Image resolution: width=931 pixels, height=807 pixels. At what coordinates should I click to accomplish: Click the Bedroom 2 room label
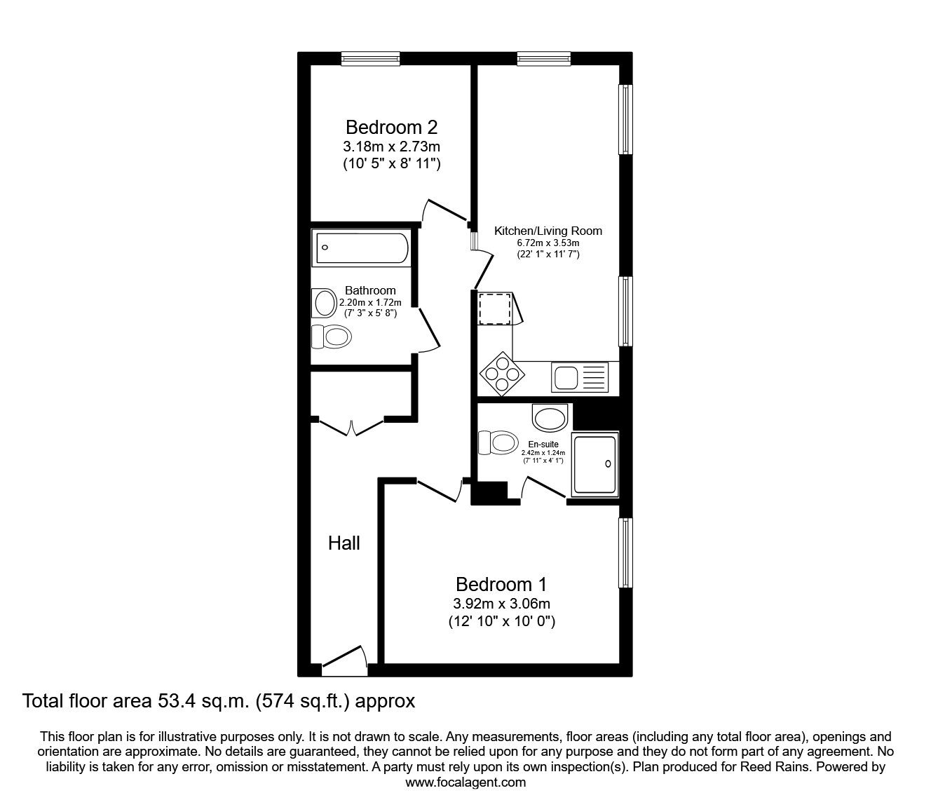coord(391,128)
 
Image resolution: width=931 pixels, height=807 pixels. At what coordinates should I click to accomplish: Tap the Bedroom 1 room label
coord(501,585)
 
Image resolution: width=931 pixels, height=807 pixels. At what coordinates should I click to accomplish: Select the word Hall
coord(344,543)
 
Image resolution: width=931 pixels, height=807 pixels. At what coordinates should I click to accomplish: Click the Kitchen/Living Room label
coord(548,231)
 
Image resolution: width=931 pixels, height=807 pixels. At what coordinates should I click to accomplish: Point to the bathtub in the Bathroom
coord(362,247)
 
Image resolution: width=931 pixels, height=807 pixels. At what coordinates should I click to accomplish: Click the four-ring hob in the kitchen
coord(502,374)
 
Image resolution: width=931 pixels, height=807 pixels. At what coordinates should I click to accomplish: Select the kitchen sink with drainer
coord(579,378)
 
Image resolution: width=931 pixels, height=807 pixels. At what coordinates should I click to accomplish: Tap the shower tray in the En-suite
coord(594,465)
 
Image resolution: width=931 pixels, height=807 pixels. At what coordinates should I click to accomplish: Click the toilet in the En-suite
coord(498,442)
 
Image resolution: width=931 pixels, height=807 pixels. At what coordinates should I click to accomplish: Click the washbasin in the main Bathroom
coord(324,303)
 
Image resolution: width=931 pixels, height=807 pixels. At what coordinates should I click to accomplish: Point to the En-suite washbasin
coord(550,416)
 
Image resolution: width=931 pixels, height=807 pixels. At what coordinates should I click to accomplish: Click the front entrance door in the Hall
coord(344,661)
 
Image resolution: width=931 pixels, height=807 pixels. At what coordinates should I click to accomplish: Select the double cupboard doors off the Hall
coord(351,427)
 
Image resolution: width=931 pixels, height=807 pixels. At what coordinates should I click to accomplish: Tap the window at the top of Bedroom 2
coord(370,59)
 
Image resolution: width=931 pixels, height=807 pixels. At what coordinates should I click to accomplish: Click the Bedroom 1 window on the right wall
coord(625,553)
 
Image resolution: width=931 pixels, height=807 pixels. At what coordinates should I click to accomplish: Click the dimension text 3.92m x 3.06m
coord(501,604)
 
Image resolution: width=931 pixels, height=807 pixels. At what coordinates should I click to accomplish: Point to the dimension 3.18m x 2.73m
coord(391,147)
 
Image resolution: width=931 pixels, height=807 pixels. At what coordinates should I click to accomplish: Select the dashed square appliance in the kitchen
coord(494,308)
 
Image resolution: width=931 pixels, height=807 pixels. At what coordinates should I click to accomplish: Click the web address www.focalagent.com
coord(465,782)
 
